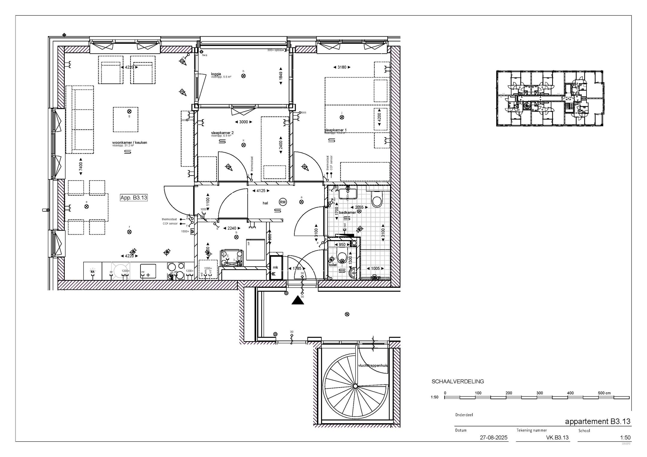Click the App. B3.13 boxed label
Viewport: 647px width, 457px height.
(x=134, y=198)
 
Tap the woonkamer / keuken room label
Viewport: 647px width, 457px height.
(x=130, y=143)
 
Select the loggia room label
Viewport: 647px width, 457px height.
(x=216, y=74)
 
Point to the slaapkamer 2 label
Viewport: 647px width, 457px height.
(x=222, y=133)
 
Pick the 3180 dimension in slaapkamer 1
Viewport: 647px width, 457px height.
(x=342, y=67)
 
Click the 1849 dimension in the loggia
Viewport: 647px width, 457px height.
(x=281, y=76)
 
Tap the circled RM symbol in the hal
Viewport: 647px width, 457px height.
(x=282, y=202)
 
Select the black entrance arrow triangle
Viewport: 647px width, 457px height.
(x=298, y=300)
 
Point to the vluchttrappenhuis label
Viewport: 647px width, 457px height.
(x=373, y=366)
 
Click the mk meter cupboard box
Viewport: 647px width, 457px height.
(x=276, y=267)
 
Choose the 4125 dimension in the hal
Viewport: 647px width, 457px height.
(x=259, y=190)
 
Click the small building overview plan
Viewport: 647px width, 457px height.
(x=549, y=98)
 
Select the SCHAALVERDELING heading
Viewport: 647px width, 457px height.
(x=457, y=382)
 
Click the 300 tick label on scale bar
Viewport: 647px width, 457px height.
(x=539, y=393)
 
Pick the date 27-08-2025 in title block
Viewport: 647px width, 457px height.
(x=494, y=438)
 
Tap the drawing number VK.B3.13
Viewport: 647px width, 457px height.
(x=557, y=438)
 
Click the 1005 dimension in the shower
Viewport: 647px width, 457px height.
(x=375, y=268)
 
